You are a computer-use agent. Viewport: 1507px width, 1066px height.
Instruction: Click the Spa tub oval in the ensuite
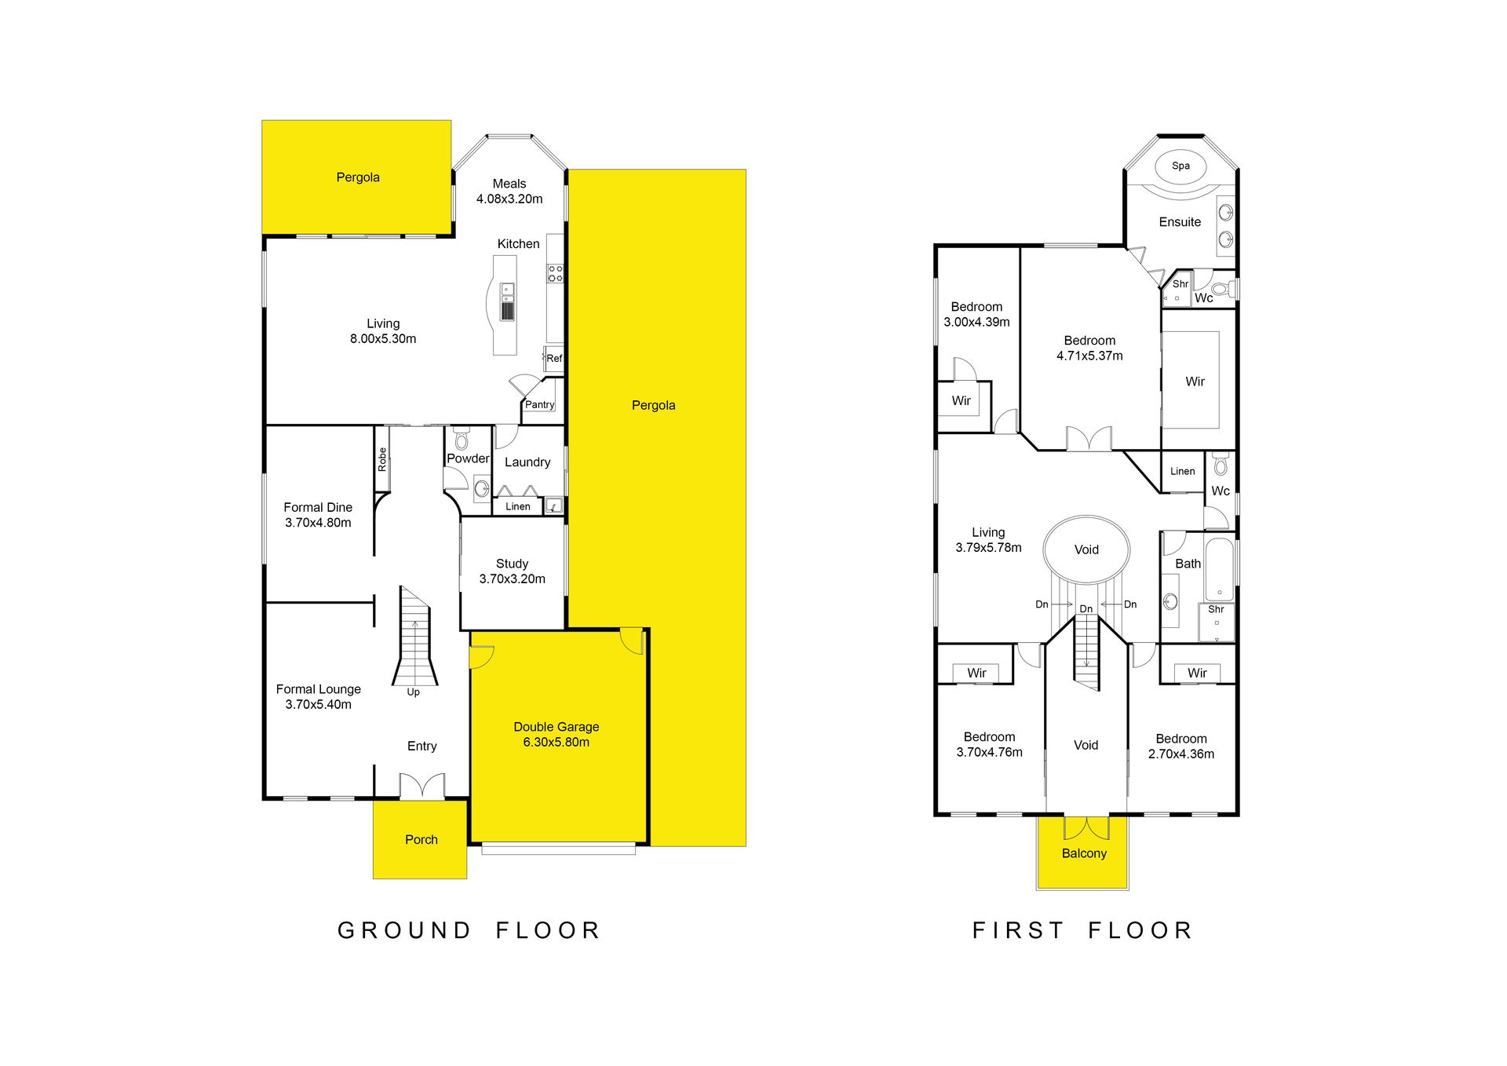(x=1180, y=166)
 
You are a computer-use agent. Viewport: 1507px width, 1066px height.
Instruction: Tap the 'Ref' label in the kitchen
(x=554, y=358)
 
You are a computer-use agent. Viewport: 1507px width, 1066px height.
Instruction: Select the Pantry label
(x=540, y=404)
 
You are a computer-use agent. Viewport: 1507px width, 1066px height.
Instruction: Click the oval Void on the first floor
(x=1086, y=549)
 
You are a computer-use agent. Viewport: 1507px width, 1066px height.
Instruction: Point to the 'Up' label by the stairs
(x=413, y=692)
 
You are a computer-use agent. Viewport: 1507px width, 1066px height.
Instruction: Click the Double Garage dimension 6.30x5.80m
(x=556, y=742)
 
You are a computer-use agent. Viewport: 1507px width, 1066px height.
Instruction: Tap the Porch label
(x=421, y=839)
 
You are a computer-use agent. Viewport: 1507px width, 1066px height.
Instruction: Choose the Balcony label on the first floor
(x=1084, y=853)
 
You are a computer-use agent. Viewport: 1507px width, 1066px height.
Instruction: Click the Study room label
(x=512, y=564)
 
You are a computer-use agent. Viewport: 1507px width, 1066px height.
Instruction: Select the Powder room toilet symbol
(x=462, y=438)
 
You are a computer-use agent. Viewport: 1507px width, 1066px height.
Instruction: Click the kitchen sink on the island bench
(x=508, y=301)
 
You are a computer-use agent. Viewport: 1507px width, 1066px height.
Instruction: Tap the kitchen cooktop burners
(x=555, y=274)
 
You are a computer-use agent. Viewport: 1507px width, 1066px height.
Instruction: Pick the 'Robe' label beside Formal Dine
(x=382, y=459)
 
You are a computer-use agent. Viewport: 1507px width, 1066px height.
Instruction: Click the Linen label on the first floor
(x=1182, y=471)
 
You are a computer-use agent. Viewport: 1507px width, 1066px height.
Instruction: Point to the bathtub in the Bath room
(x=1219, y=569)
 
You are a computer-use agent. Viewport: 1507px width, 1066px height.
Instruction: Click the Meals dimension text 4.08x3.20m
(x=509, y=199)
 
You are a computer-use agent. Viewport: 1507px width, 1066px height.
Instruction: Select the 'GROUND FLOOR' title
(x=469, y=930)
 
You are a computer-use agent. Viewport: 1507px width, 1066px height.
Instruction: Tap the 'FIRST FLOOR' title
(x=1082, y=930)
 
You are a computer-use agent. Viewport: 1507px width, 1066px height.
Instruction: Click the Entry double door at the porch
(x=421, y=786)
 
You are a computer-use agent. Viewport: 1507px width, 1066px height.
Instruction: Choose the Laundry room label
(x=527, y=462)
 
